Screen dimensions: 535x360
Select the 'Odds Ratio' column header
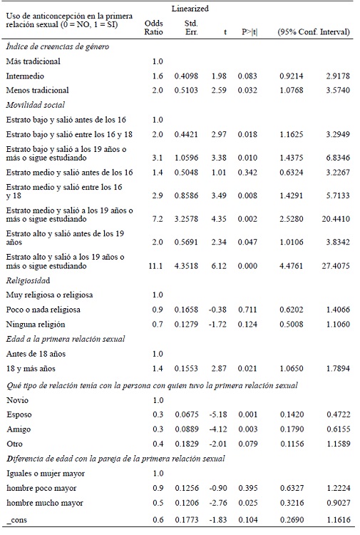coord(158,27)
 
